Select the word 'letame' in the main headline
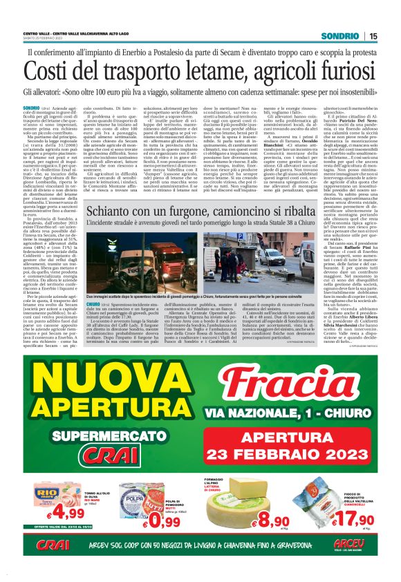pos(183,70)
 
